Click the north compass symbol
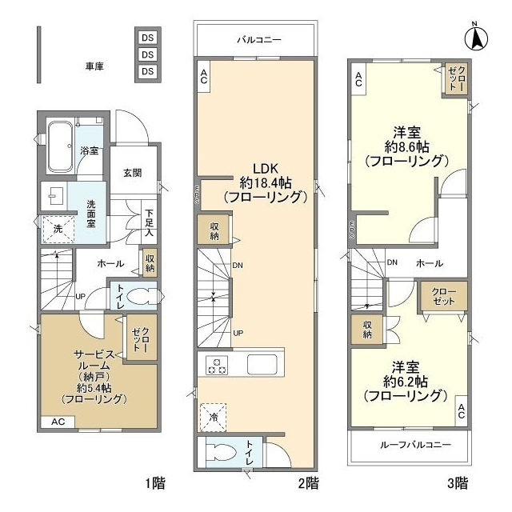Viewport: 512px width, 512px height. [478, 37]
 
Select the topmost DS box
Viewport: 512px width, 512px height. [147, 38]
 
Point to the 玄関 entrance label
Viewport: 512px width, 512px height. [133, 172]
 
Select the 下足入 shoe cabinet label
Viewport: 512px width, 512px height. [149, 224]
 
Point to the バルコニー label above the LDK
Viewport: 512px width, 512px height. [258, 38]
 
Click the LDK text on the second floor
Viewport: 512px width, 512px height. [265, 169]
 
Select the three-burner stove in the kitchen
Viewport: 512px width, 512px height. [217, 364]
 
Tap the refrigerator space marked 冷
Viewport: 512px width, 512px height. [214, 415]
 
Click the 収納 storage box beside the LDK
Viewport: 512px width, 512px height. [214, 231]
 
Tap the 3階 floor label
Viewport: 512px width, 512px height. [458, 483]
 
